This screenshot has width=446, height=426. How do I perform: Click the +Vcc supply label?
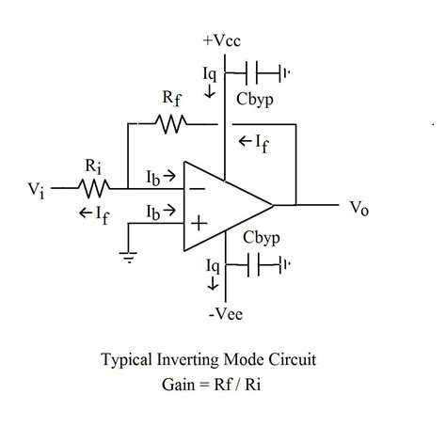(x=222, y=41)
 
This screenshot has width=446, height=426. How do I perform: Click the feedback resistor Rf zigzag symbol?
(x=170, y=121)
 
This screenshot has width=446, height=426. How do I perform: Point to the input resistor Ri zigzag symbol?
(x=94, y=187)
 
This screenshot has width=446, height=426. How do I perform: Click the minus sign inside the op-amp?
(x=199, y=187)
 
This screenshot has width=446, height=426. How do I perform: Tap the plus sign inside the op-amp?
(x=199, y=223)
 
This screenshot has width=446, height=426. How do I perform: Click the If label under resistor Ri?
(x=94, y=213)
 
